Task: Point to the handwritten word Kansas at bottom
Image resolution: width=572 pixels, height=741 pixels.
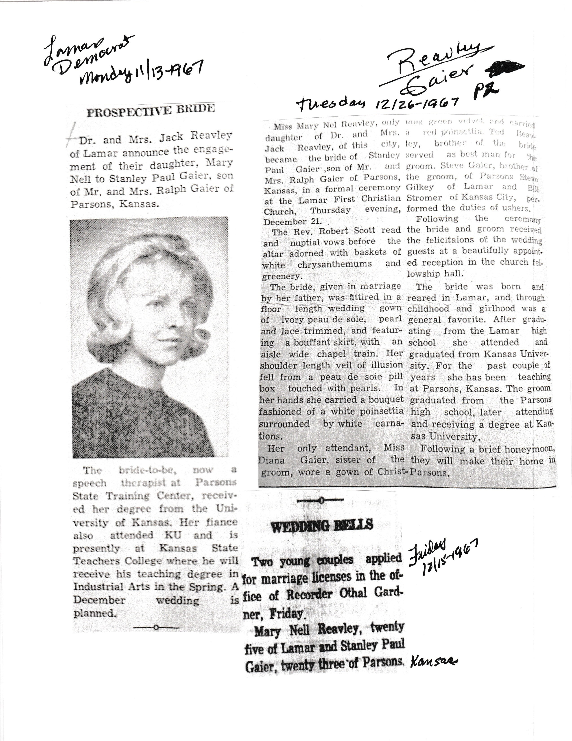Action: click(x=434, y=661)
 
